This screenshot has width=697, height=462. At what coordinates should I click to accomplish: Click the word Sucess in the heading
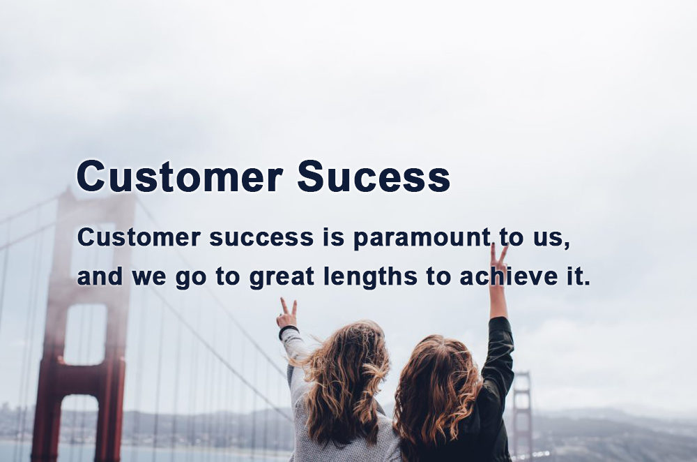374,177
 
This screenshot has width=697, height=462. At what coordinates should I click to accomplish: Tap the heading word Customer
180,177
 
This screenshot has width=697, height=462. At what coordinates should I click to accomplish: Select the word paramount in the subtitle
422,239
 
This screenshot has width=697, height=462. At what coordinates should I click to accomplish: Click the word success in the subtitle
261,238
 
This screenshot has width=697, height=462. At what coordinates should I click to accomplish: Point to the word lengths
371,276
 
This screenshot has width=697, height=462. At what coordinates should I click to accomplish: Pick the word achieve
509,276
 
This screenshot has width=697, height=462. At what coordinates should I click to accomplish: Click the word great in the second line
282,277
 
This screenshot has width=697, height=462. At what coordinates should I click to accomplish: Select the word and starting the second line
100,276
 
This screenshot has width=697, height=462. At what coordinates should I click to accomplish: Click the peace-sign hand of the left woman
286,313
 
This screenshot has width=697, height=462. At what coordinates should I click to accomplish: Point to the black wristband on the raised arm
288,330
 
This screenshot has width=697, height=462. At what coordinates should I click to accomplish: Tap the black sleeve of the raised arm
499,352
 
